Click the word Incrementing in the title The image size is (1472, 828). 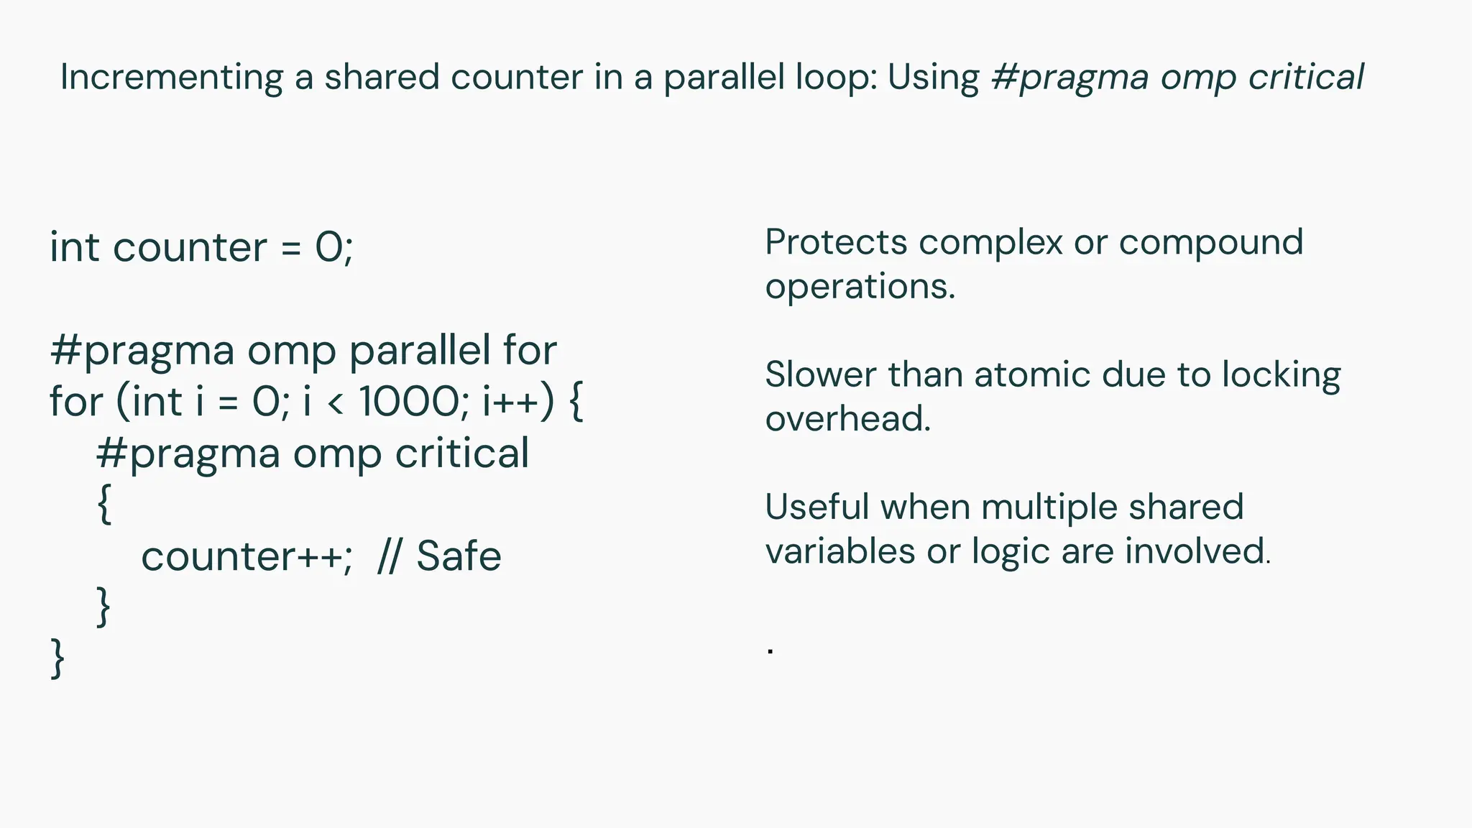tap(171, 78)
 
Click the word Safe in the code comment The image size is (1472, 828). tap(459, 556)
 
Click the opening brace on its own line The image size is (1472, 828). tap(104, 504)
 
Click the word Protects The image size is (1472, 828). tap(836, 242)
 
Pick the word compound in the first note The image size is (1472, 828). tap(1210, 242)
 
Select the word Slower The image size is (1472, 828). tap(820, 374)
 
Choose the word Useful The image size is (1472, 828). tap(817, 507)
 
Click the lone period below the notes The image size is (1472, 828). tap(770, 651)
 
